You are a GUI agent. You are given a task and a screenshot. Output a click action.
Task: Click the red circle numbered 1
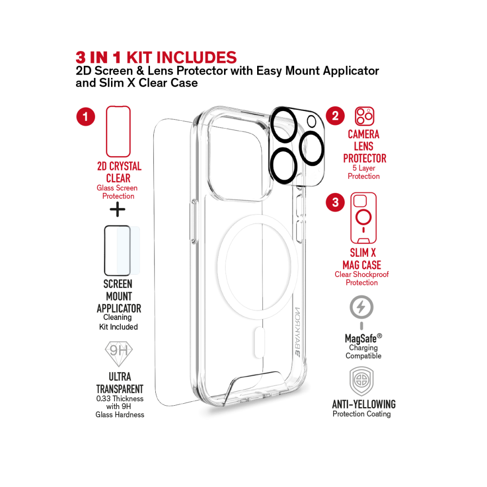click(x=86, y=116)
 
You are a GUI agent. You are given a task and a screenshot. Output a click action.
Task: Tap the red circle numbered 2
click(x=335, y=116)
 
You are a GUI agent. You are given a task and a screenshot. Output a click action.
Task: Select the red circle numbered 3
click(x=335, y=202)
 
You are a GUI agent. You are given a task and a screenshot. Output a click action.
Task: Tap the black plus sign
click(x=117, y=209)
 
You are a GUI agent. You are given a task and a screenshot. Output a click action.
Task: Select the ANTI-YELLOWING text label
click(x=364, y=404)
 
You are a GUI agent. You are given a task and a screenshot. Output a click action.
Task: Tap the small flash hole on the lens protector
click(x=312, y=121)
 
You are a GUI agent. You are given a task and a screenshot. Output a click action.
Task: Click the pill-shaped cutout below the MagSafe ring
click(x=260, y=342)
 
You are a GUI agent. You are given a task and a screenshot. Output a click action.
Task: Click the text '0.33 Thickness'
click(x=120, y=398)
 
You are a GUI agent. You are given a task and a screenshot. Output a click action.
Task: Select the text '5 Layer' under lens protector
click(x=364, y=168)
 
